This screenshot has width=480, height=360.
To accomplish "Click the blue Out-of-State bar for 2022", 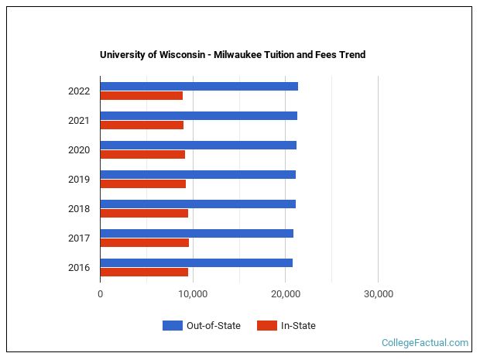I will pyautogui.click(x=199, y=86).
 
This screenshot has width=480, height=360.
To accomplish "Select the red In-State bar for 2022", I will pyautogui.click(x=142, y=96).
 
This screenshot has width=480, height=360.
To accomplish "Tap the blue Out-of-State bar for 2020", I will pyautogui.click(x=198, y=145).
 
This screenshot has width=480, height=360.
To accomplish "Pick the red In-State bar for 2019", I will pyautogui.click(x=143, y=184).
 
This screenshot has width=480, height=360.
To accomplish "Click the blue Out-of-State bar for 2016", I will pyautogui.click(x=197, y=262).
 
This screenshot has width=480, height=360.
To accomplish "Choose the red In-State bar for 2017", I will pyautogui.click(x=145, y=243).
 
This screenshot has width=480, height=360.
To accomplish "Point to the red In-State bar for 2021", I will pyautogui.click(x=142, y=125).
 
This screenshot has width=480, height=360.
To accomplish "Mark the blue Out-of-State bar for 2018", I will pyautogui.click(x=197, y=204).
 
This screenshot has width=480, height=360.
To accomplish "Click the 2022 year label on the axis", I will pyautogui.click(x=79, y=91).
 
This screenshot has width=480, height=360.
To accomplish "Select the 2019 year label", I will pyautogui.click(x=79, y=180).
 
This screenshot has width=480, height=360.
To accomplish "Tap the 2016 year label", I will pyautogui.click(x=79, y=268).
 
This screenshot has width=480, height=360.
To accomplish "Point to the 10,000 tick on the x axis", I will pyautogui.click(x=193, y=294).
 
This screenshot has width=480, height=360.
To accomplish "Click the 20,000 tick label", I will pyautogui.click(x=286, y=294).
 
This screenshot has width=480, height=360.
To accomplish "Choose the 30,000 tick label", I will pyautogui.click(x=378, y=294).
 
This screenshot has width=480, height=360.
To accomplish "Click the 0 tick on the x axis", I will pyautogui.click(x=101, y=294).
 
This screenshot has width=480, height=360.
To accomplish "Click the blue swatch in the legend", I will pyautogui.click(x=172, y=326).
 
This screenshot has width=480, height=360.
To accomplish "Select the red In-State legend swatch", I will pyautogui.click(x=266, y=326).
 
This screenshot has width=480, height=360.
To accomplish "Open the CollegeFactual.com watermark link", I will pyautogui.click(x=425, y=342).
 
